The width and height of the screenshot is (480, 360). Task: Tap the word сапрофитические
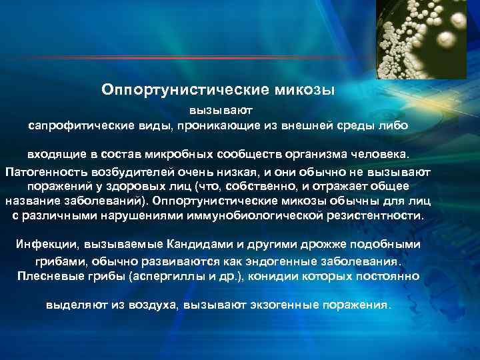(x=81, y=125)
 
